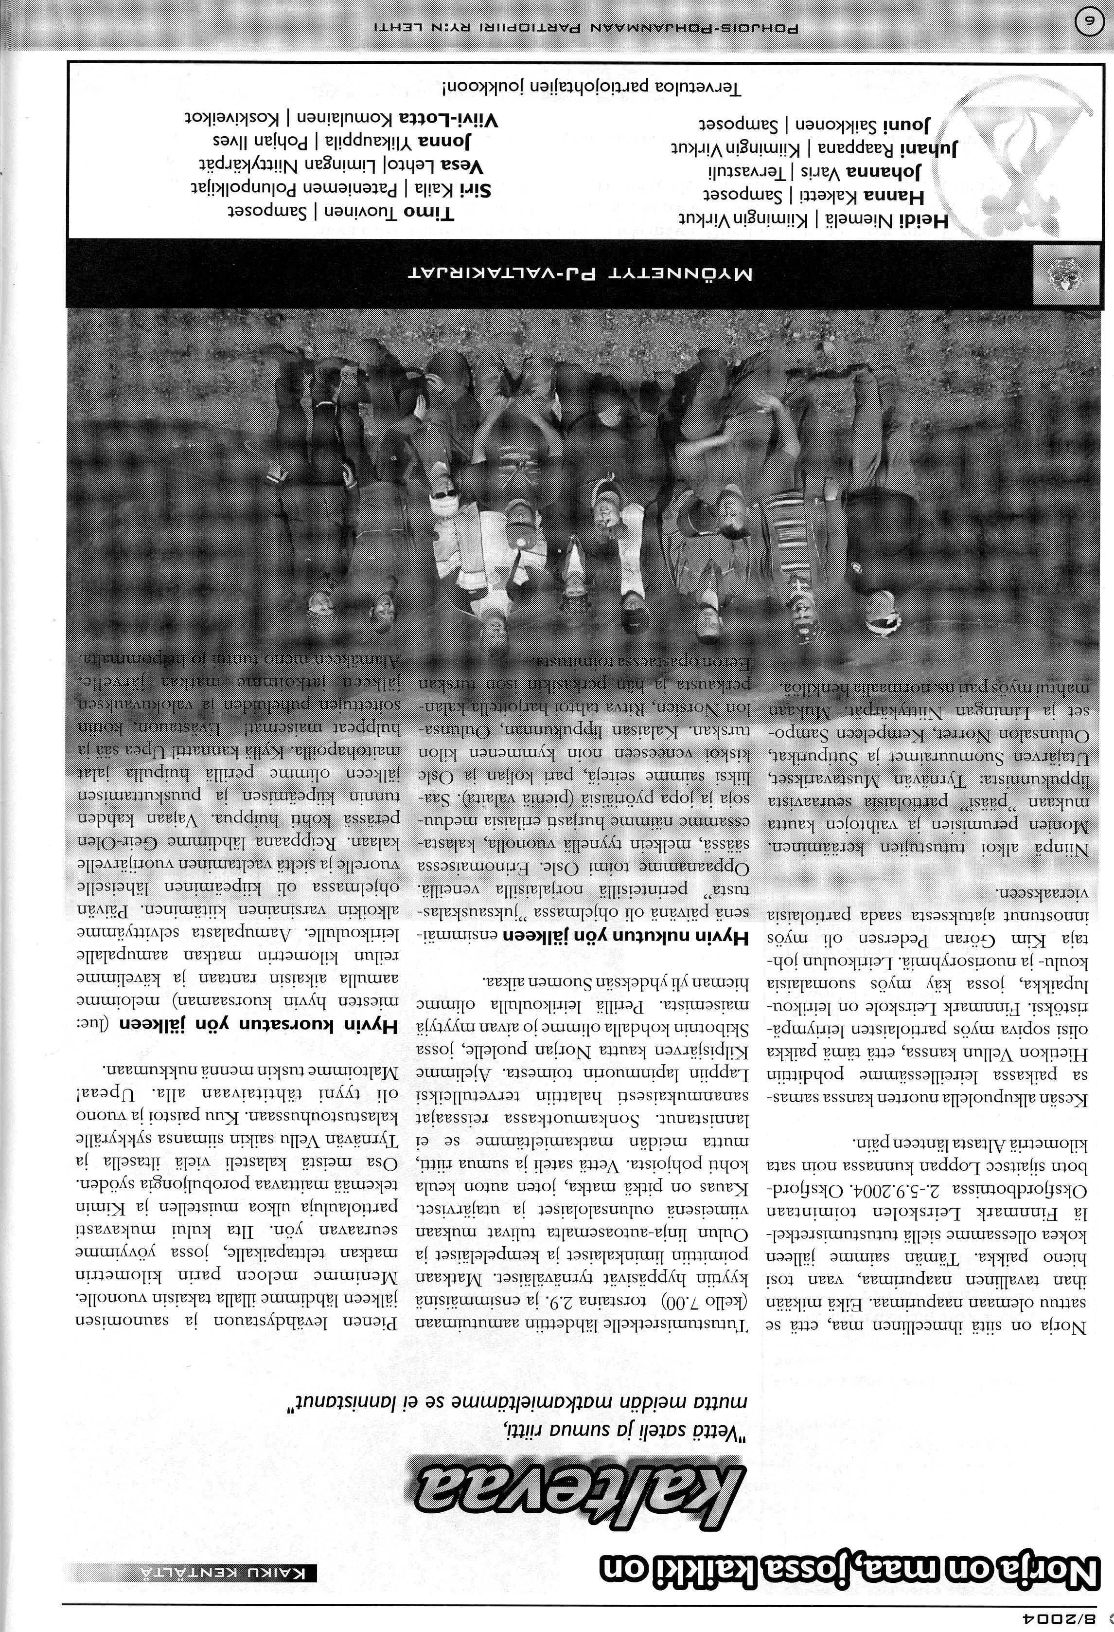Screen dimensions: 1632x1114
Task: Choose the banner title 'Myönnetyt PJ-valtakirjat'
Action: point(583,272)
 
